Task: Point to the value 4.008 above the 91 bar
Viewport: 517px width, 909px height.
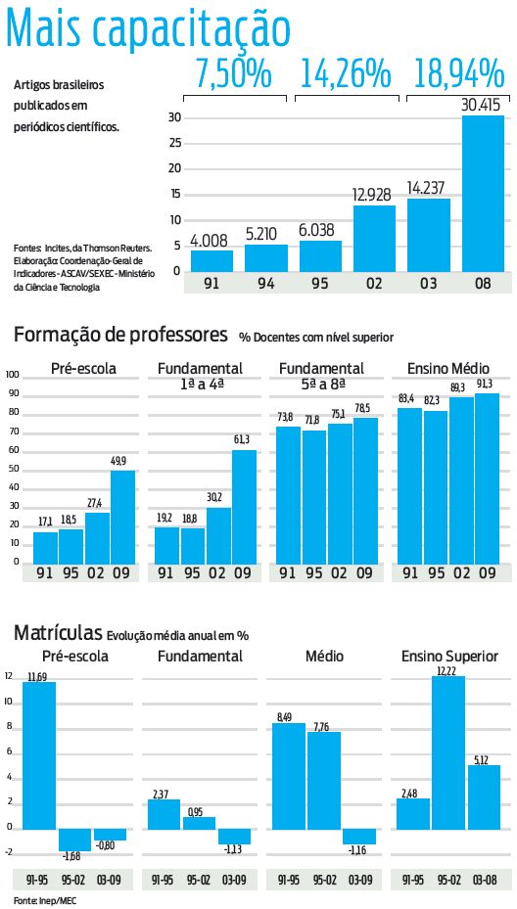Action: (211, 240)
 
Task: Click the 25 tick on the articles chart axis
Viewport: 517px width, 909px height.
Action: (175, 143)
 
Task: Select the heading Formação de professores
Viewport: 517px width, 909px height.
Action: (120, 336)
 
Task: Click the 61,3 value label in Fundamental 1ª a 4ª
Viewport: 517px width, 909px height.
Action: (244, 439)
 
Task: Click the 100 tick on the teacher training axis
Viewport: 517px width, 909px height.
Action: (13, 375)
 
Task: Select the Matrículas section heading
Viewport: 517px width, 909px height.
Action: (58, 633)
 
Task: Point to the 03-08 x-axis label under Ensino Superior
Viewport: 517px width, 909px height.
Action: (484, 880)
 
